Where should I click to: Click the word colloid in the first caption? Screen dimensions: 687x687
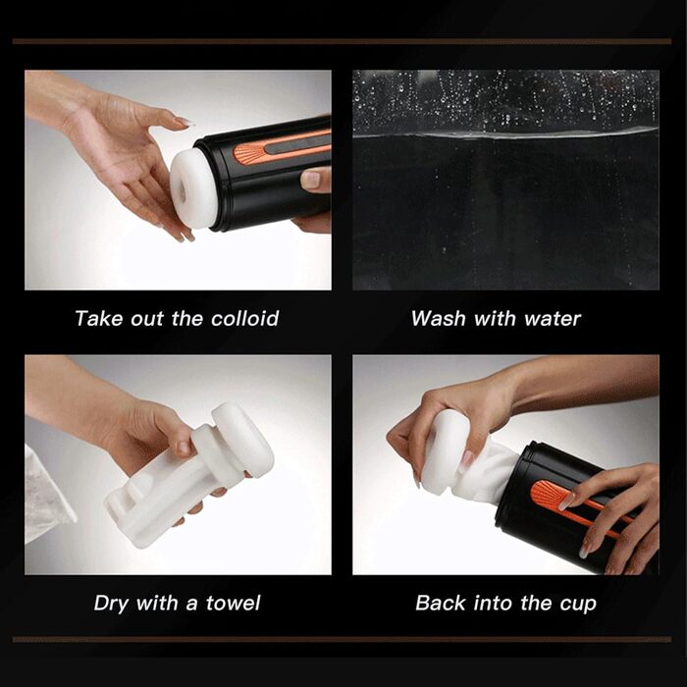245,319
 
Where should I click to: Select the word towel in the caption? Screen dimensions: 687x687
234,604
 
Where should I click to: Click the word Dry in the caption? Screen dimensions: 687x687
112,604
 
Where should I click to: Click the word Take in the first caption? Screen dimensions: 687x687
98,319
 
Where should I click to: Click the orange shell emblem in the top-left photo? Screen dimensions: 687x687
248,153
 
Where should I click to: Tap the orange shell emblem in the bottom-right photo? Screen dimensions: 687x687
546,495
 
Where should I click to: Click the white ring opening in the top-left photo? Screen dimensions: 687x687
192,188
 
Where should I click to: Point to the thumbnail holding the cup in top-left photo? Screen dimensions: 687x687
312,180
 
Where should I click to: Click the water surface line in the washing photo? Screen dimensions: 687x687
506,134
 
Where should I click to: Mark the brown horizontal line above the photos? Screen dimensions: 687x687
342,41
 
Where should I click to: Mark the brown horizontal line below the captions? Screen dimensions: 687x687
342,640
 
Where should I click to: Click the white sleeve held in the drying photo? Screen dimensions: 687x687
189,475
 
